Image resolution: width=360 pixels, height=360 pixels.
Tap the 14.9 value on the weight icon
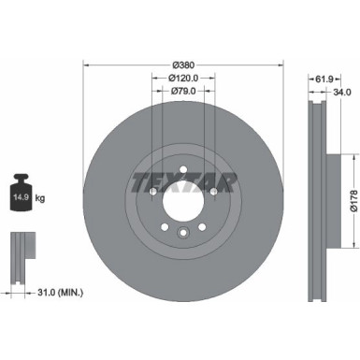(x=20, y=198)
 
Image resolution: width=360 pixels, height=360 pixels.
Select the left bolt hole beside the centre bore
(x=152, y=193)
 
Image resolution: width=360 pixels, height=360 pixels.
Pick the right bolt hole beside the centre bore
(x=214, y=193)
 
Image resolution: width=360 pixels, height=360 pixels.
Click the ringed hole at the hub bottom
(x=183, y=234)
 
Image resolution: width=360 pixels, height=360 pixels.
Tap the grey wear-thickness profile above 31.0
(x=21, y=252)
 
